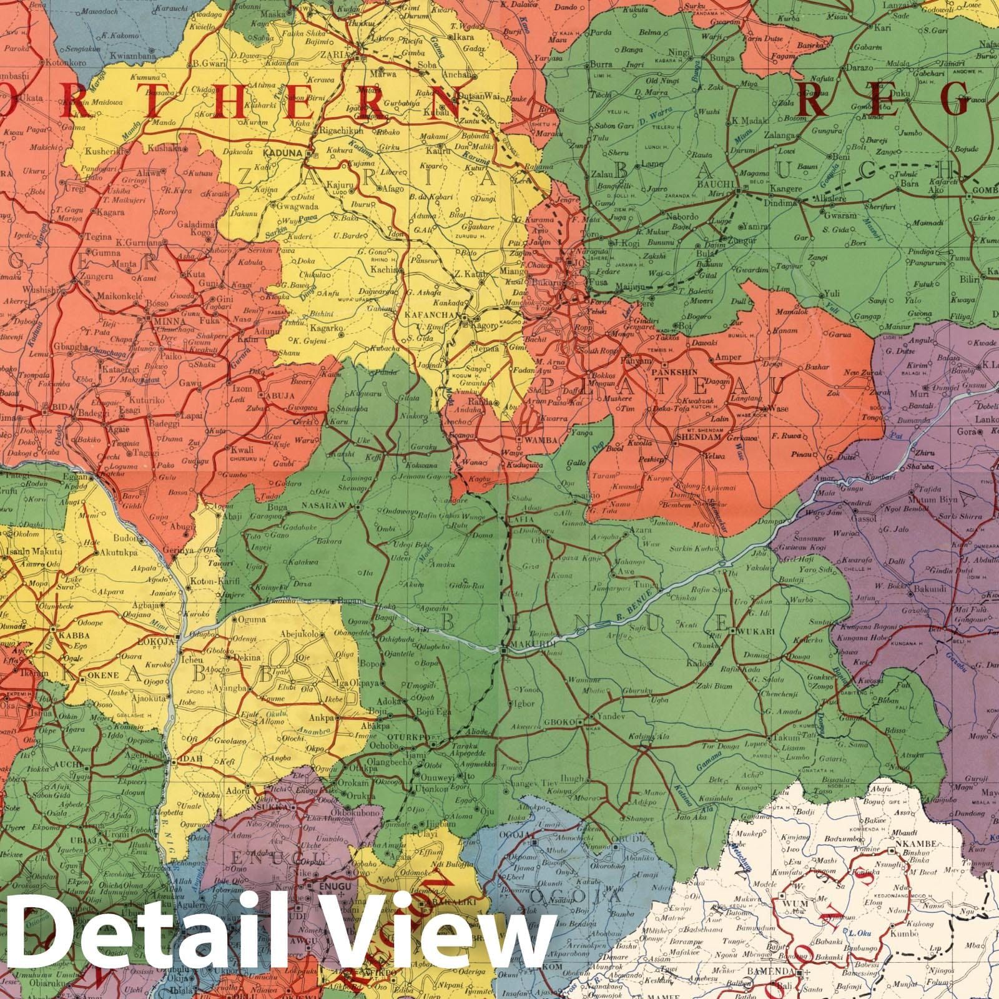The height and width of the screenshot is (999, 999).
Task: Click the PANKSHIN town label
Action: pos(680,371)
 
